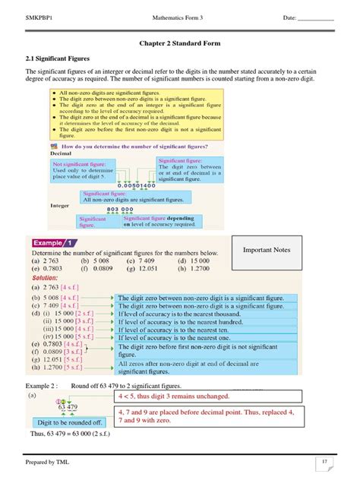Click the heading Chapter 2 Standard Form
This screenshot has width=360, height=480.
[x=180, y=45]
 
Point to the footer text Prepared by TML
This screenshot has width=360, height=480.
[x=48, y=462]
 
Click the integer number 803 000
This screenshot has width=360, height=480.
[x=119, y=209]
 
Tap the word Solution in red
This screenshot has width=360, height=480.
[x=45, y=279]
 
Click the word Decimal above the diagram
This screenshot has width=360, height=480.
[x=60, y=153]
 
